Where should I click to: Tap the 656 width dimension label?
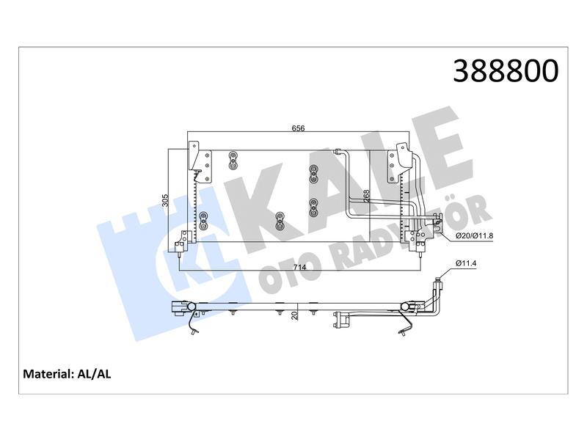[298, 128]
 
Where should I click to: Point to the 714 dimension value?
[299, 267]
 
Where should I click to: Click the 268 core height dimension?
[366, 196]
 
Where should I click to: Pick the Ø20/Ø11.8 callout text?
[474, 236]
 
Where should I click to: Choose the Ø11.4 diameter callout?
[466, 263]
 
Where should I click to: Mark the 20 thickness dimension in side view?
[296, 315]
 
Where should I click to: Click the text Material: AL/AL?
[67, 374]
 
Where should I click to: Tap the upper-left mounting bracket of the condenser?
[194, 156]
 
